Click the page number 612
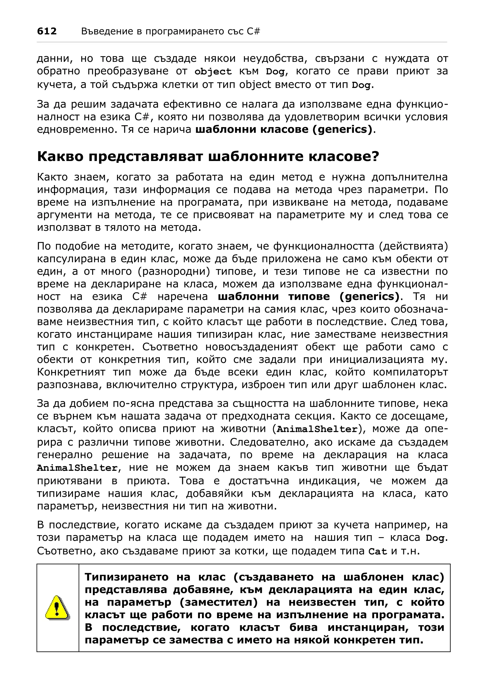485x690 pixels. tap(47, 31)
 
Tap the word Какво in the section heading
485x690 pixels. tap(59, 157)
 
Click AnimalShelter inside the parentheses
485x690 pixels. tap(317, 429)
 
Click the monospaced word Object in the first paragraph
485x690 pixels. tap(213, 72)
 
